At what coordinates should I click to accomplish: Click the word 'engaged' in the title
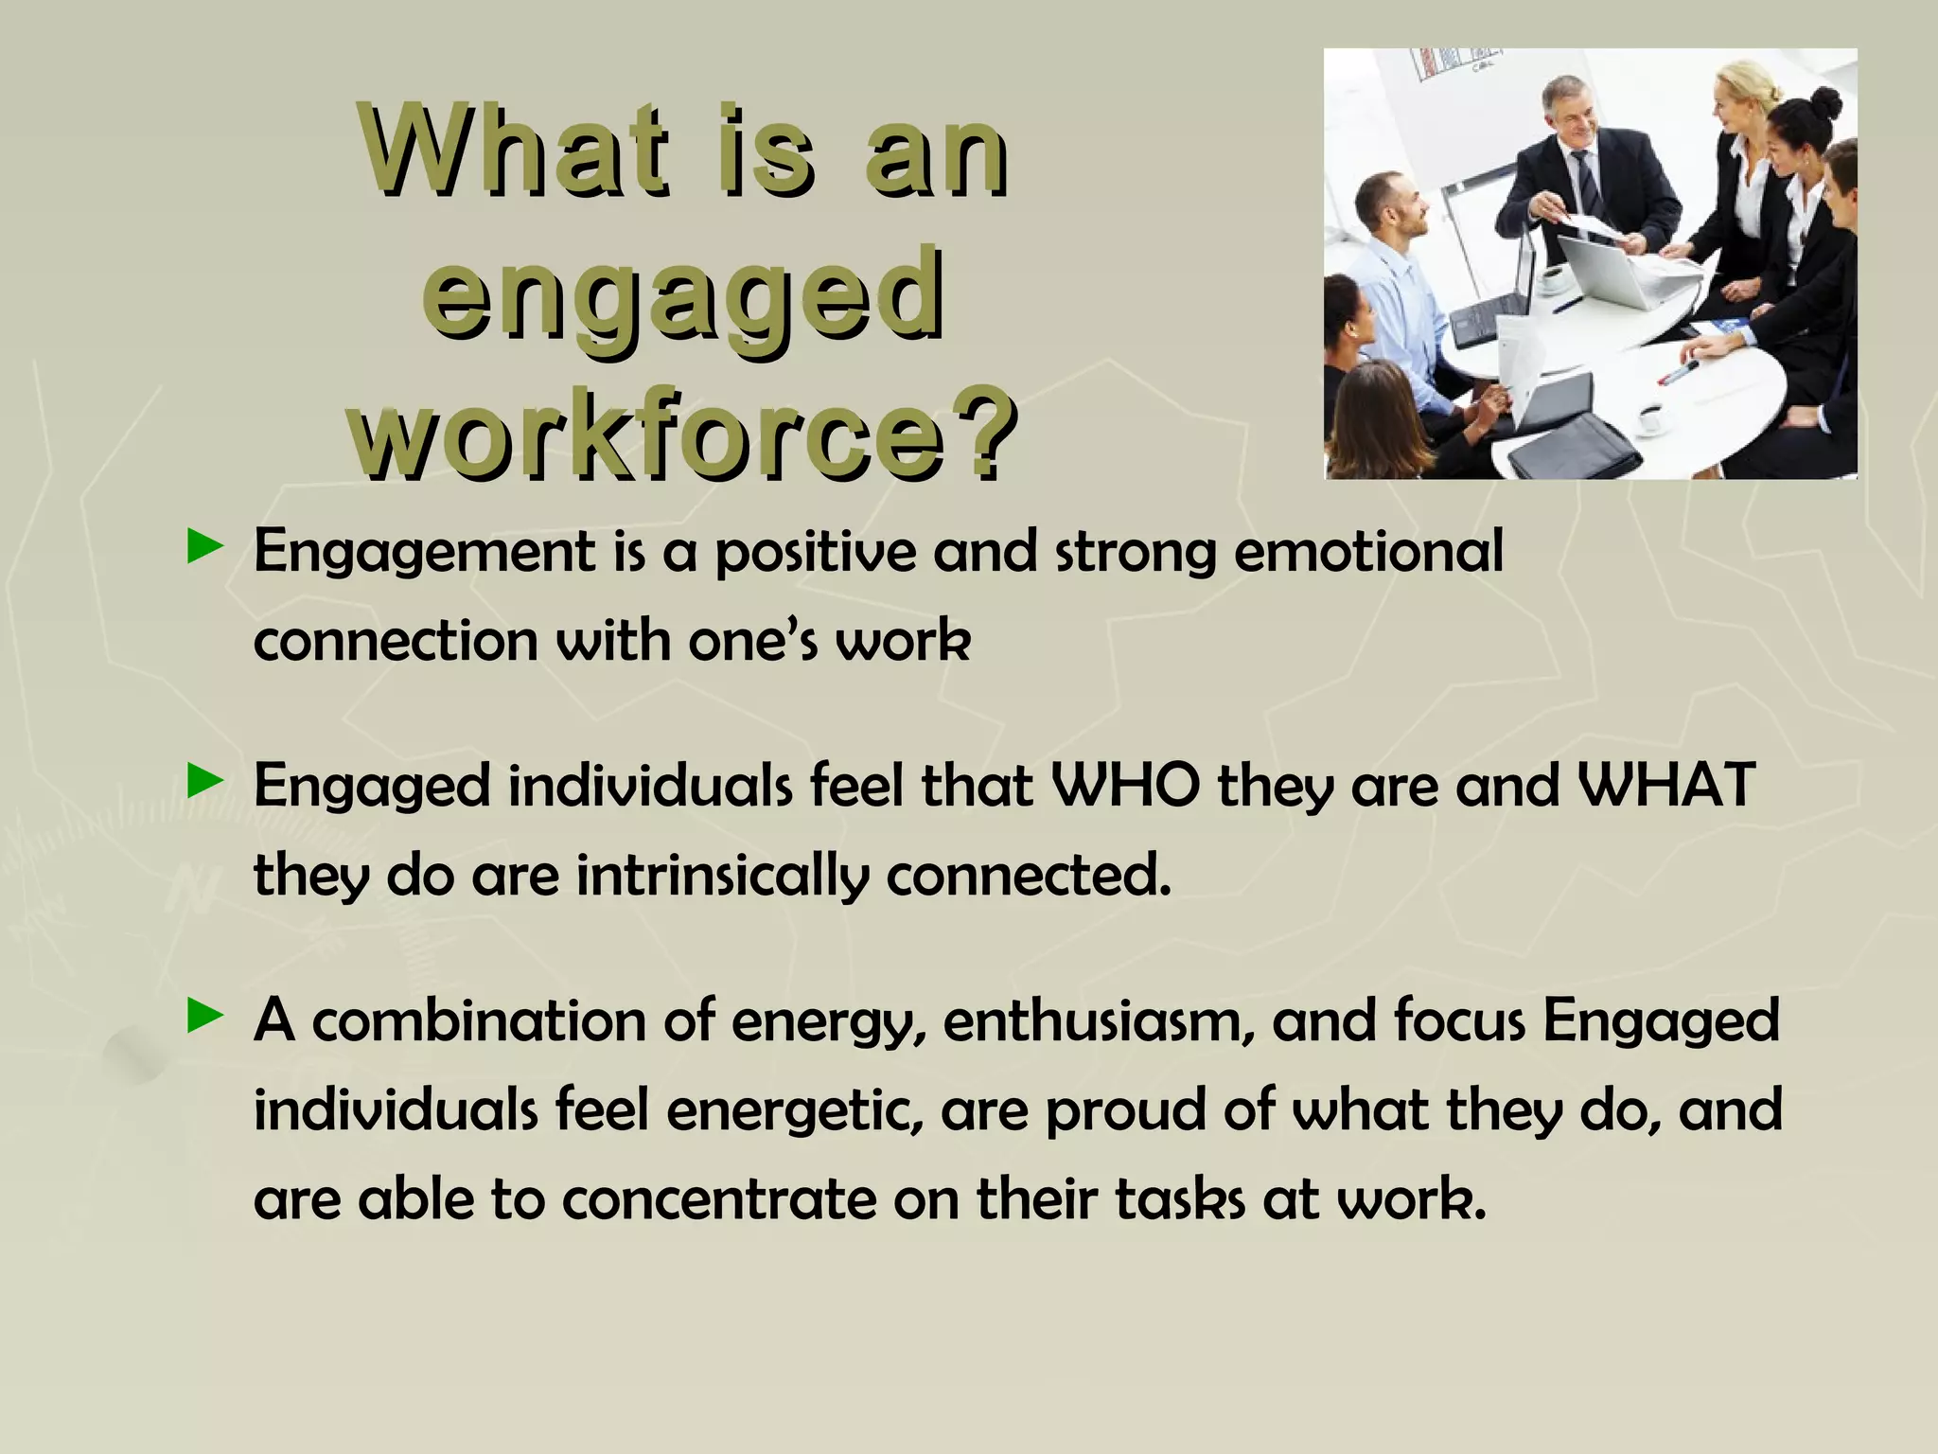[x=683, y=295]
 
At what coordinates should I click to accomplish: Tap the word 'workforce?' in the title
[x=683, y=437]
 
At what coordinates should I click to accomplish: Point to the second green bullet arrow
[x=205, y=782]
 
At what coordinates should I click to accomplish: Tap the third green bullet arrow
[x=205, y=1018]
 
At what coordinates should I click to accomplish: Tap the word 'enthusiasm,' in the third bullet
[x=1097, y=1021]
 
